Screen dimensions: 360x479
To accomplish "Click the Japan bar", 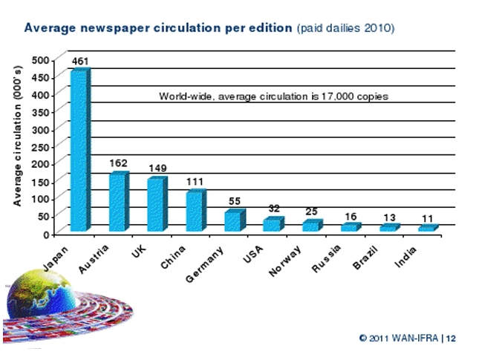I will [79, 151].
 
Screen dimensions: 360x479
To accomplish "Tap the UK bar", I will [157, 204].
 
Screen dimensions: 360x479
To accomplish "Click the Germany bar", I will [234, 220].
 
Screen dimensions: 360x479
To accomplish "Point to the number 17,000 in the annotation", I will [348, 96].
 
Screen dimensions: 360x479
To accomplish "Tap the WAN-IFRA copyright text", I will [407, 337].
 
